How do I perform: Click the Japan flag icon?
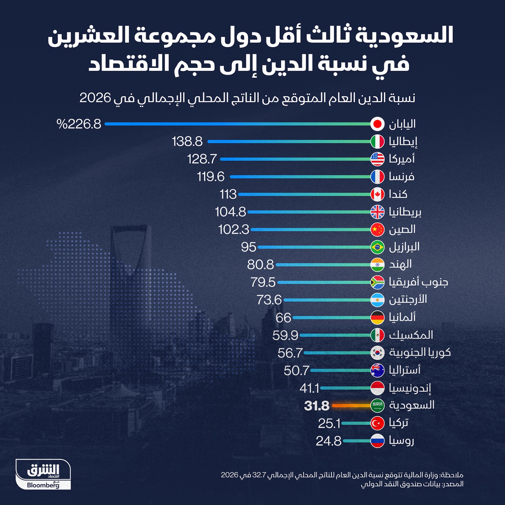377,124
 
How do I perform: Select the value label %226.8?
79,124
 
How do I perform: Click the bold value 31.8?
317,406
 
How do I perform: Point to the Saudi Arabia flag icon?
377,406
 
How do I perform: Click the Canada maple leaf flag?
377,194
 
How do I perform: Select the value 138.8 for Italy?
187,142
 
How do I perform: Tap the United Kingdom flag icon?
377,212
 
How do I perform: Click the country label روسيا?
401,441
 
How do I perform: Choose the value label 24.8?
329,441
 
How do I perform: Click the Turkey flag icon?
377,423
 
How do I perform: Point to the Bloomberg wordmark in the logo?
43,485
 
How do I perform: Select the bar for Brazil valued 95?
314,247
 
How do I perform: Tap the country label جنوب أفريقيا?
418,282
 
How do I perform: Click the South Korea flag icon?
377,353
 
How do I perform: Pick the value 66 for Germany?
283,318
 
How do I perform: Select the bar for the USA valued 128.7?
295,159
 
